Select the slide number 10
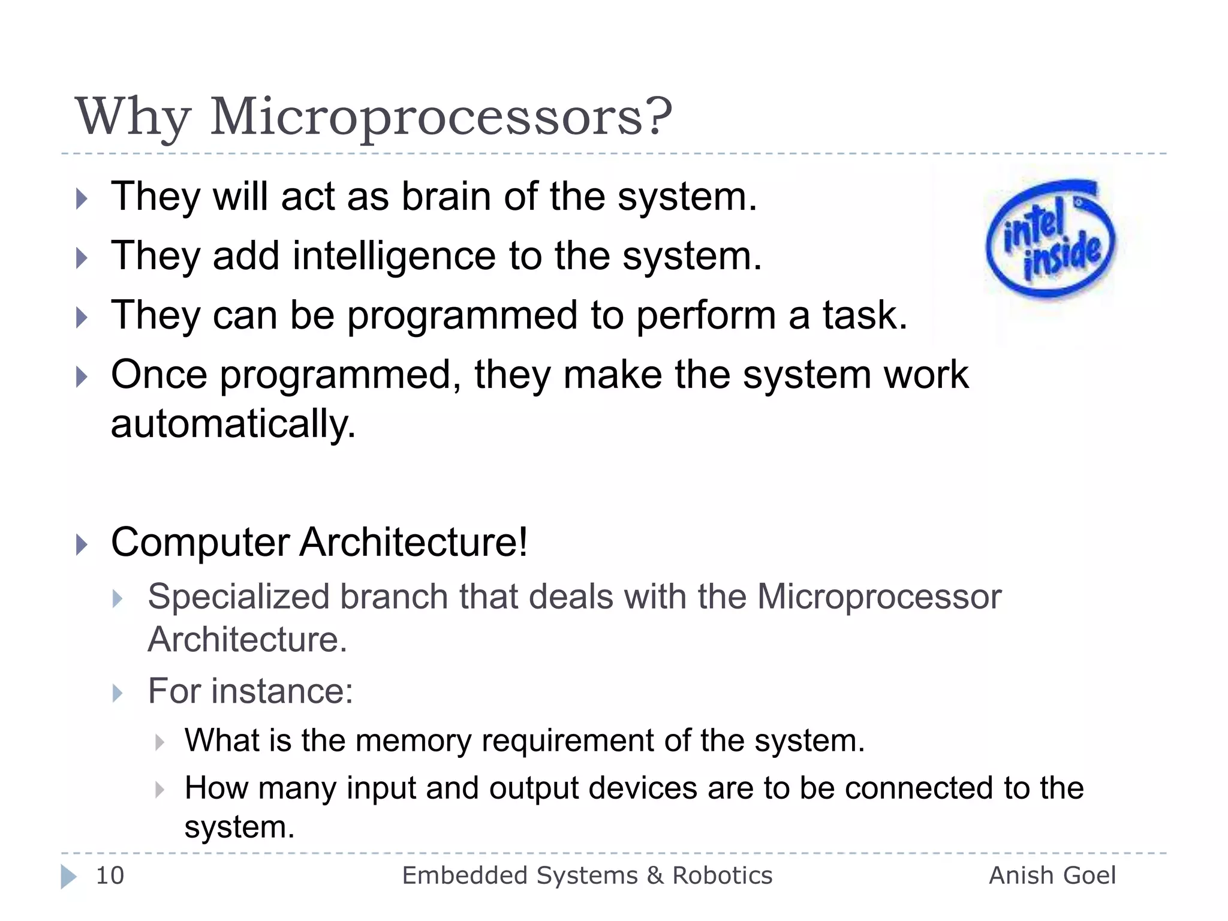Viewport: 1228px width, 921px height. [x=110, y=875]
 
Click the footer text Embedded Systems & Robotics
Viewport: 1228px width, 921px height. [x=587, y=875]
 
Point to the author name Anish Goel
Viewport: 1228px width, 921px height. [x=1052, y=875]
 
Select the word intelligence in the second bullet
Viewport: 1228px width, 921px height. [x=394, y=256]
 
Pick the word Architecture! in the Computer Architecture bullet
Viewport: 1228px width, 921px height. [x=413, y=542]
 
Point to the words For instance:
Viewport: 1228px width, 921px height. [x=250, y=691]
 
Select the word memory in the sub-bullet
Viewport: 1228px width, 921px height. [x=413, y=740]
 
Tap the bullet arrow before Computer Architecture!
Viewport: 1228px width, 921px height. [x=82, y=545]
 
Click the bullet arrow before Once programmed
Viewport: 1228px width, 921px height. [x=82, y=377]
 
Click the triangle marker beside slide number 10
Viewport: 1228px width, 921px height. [x=69, y=877]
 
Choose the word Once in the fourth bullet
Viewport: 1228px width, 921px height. [x=159, y=375]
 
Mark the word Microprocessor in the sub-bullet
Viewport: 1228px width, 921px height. [x=878, y=597]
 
